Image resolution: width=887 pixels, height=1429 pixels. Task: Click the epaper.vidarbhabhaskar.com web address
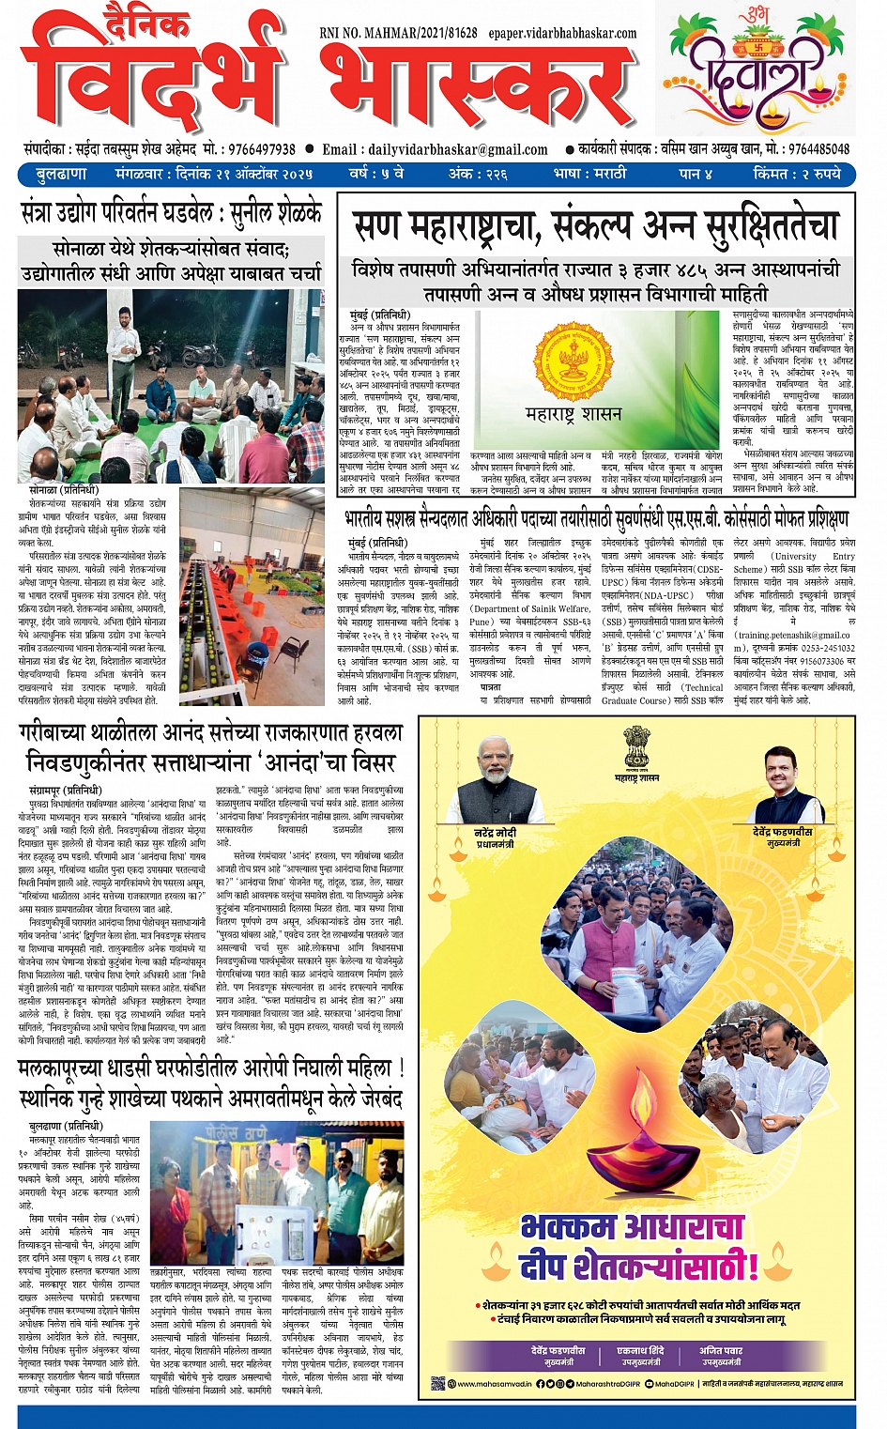(562, 33)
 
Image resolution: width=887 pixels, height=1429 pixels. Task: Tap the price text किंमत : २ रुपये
(797, 174)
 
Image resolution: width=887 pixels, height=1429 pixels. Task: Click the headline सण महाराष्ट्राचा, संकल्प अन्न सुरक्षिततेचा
(595, 226)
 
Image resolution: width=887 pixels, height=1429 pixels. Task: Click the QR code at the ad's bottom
(437, 1383)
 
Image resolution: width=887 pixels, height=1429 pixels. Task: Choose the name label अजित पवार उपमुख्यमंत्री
(721, 1356)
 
